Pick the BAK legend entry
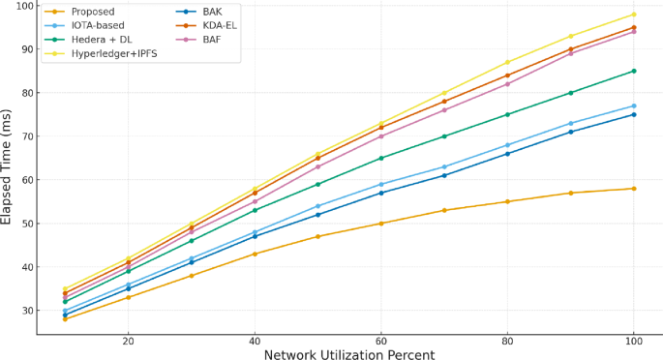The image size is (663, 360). pyautogui.click(x=213, y=12)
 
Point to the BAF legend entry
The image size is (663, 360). pyautogui.click(x=213, y=40)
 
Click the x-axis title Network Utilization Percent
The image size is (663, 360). pyautogui.click(x=349, y=353)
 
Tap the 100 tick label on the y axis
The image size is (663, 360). pyautogui.click(x=22, y=6)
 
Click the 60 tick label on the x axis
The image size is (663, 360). pyautogui.click(x=381, y=341)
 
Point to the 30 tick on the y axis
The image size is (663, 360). pyautogui.click(x=25, y=311)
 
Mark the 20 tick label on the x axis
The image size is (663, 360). pyautogui.click(x=128, y=341)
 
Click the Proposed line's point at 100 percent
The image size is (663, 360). pyautogui.click(x=634, y=189)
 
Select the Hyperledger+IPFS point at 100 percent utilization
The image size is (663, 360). pyautogui.click(x=634, y=15)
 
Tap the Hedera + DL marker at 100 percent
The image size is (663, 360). pyautogui.click(x=634, y=71)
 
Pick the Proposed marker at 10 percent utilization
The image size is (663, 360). pyautogui.click(x=65, y=318)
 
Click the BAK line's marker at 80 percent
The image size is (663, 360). pyautogui.click(x=507, y=154)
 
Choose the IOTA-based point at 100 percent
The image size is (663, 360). pyautogui.click(x=634, y=105)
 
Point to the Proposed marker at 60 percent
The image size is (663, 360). pyautogui.click(x=381, y=224)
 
